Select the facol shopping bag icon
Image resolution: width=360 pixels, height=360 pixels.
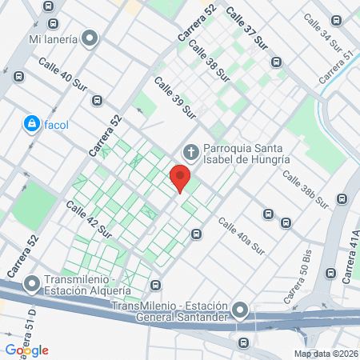coord(31,124)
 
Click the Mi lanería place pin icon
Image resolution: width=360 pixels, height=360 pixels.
coord(90,38)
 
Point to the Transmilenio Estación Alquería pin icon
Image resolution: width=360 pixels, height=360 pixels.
coord(32,284)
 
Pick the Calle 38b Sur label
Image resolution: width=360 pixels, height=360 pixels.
coord(306,189)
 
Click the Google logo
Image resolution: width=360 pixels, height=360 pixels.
coord(27,350)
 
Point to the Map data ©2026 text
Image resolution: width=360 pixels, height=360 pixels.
coord(326,354)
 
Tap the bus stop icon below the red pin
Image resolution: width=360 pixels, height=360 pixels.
coord(196,234)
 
